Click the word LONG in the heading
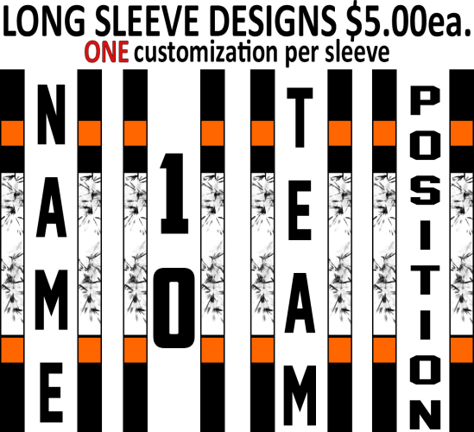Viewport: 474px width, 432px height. click(44, 22)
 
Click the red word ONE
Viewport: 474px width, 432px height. click(107, 52)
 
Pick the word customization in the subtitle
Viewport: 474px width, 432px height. click(205, 53)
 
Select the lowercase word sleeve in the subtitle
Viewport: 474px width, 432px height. click(357, 52)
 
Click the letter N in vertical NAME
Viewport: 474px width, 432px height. click(51, 114)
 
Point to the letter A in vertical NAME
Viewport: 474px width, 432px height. click(51, 207)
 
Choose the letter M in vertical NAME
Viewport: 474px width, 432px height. click(51, 300)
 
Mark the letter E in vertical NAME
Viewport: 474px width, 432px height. click(51, 392)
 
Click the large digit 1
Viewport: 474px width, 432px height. click(174, 194)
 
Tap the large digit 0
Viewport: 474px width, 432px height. click(174, 308)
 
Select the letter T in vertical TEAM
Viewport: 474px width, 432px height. click(300, 118)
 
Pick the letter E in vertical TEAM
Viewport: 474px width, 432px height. click(300, 210)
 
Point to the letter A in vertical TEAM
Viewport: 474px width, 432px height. click(300, 302)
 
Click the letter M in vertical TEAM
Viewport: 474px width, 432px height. click(300, 396)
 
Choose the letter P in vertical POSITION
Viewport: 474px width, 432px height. click(425, 100)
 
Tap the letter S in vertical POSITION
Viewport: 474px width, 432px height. click(425, 190)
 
